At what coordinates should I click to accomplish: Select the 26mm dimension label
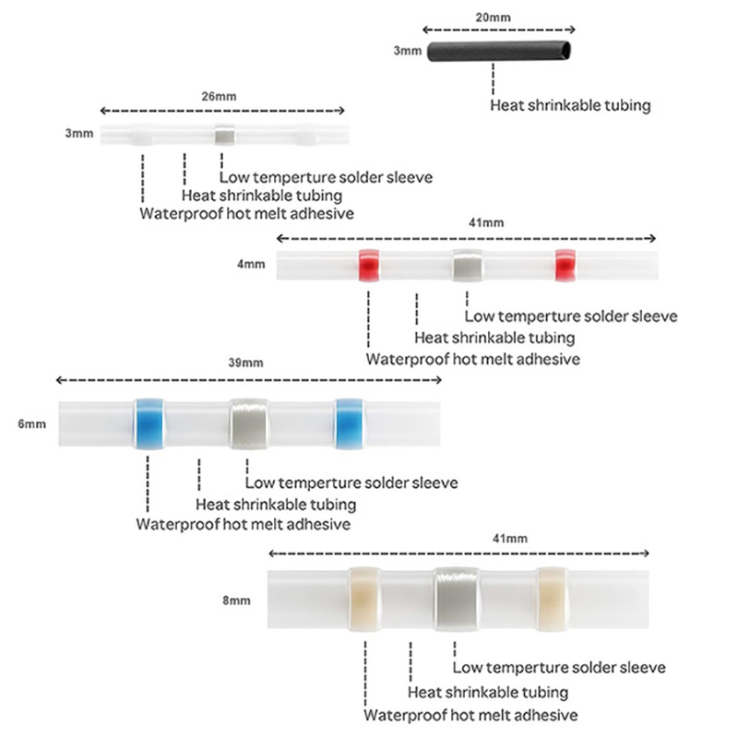tap(223, 95)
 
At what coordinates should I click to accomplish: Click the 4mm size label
tap(251, 265)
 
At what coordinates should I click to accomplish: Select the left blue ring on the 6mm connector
tap(148, 423)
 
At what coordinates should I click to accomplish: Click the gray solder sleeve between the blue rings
tap(247, 423)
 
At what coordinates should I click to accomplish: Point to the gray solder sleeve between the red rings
tap(467, 266)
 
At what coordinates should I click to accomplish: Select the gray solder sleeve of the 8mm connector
tap(457, 599)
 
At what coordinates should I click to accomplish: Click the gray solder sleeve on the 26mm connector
tap(224, 136)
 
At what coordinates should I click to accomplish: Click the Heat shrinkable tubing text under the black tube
tap(570, 105)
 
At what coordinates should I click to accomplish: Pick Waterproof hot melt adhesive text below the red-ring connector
tap(473, 359)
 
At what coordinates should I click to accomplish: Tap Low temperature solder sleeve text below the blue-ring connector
tap(351, 482)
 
